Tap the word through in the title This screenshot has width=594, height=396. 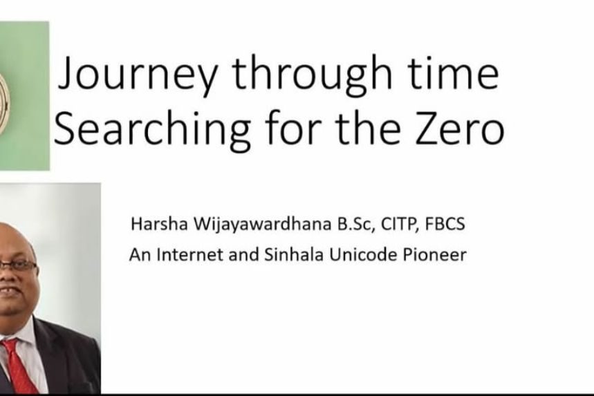pos(312,74)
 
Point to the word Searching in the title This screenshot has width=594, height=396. pos(151,129)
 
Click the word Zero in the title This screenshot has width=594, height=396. pos(460,128)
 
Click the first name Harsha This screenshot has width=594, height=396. pos(159,224)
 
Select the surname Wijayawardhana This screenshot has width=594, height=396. pos(263,225)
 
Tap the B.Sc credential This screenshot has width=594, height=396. pos(356,224)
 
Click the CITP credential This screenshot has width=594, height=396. pos(400,224)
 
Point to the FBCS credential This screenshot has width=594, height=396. pos(445,224)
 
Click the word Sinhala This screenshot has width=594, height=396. pos(294,254)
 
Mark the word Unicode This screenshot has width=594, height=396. pos(363,254)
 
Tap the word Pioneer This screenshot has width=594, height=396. pos(434,254)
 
